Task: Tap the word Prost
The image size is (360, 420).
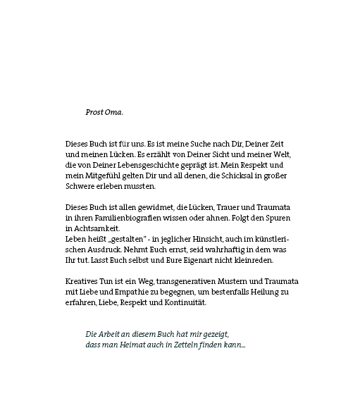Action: click(94, 112)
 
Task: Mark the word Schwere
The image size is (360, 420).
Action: click(80, 186)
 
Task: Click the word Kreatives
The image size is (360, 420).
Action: click(82, 282)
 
